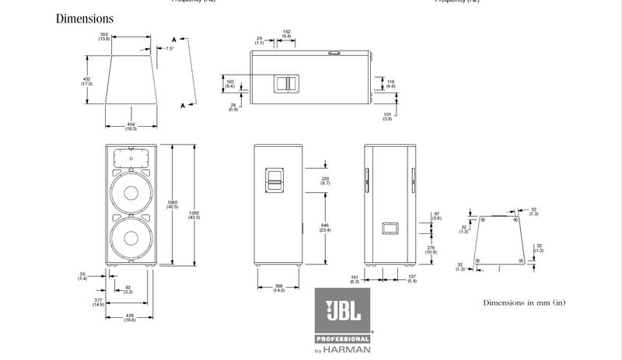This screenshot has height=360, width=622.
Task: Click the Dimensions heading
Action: click(x=85, y=19)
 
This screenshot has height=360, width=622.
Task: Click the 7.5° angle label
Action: click(x=170, y=48)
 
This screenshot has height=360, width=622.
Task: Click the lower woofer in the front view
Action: click(x=131, y=239)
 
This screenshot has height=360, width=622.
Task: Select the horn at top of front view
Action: click(x=131, y=158)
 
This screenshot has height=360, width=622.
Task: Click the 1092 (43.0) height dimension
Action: click(x=194, y=215)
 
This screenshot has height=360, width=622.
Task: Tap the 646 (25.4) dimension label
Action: click(x=326, y=228)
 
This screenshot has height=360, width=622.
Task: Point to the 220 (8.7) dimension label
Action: click(x=326, y=180)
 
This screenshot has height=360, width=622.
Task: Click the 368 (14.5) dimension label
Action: click(x=278, y=288)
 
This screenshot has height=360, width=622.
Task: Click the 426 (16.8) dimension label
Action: click(x=130, y=317)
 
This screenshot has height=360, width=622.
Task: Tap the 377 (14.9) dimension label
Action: click(x=98, y=302)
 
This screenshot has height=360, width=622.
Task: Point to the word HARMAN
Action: click(x=351, y=349)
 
